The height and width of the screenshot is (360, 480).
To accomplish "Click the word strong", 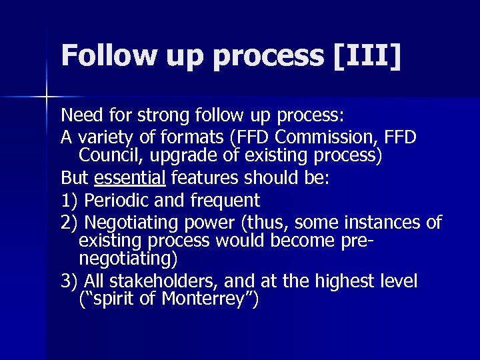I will tap(159, 116).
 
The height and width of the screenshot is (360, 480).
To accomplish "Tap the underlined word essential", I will tap(131, 178).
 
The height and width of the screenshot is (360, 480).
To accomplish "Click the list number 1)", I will tap(70, 200).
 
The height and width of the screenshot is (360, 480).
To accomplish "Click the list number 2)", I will tap(70, 222).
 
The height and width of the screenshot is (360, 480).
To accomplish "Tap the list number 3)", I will tap(70, 281).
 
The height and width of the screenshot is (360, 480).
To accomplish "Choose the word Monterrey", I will tap(206, 300).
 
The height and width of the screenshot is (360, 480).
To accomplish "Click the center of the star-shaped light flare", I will tap(47, 98).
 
